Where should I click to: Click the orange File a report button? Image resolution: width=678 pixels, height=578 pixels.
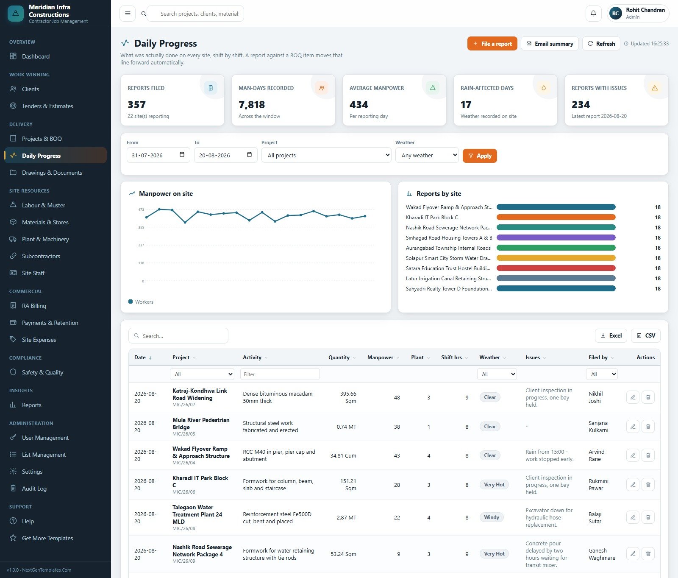(x=492, y=44)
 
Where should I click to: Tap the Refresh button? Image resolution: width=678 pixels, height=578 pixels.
(x=601, y=44)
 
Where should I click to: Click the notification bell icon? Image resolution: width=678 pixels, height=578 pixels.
(x=593, y=14)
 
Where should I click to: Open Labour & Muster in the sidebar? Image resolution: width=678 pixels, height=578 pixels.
(x=44, y=205)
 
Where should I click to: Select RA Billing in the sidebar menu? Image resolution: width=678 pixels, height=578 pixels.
(x=34, y=306)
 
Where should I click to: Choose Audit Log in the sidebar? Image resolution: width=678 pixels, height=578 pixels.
(x=34, y=489)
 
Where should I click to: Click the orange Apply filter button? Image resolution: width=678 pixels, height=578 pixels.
(x=480, y=156)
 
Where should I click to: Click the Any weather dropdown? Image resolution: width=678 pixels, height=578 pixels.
(x=427, y=155)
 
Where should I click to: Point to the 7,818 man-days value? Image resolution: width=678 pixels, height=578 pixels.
(x=252, y=105)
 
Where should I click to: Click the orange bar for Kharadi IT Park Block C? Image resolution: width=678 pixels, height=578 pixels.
(x=556, y=217)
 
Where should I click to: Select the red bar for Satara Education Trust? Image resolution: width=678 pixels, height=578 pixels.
(x=556, y=268)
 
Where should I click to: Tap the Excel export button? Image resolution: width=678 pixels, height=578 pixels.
(x=611, y=335)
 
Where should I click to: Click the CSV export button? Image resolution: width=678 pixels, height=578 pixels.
(x=646, y=335)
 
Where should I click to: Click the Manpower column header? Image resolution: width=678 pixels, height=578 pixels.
(x=381, y=357)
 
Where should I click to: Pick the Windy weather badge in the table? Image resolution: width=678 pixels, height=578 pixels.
(x=492, y=517)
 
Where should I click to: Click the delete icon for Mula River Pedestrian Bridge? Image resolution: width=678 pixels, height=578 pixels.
(x=648, y=427)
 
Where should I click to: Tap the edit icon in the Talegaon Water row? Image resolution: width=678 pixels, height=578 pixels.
(x=633, y=517)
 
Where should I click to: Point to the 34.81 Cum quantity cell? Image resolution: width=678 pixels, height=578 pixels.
(x=343, y=456)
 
